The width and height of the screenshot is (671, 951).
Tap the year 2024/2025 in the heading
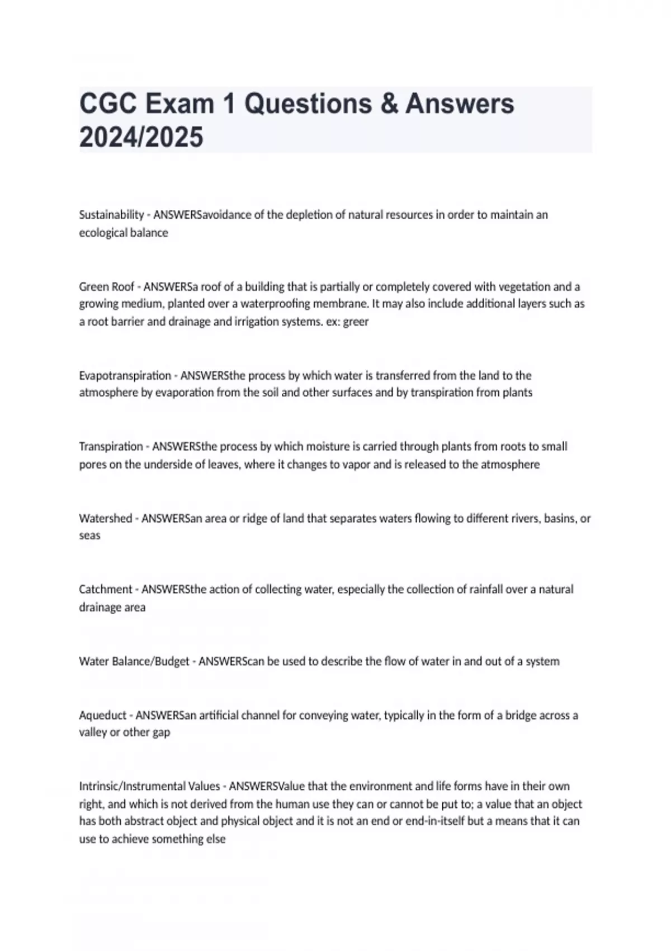[141, 138]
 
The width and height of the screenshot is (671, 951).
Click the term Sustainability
[111, 215]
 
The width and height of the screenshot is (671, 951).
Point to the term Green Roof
[106, 287]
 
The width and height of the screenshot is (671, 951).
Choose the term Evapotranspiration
[125, 375]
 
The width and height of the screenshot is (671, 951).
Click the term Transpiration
[111, 446]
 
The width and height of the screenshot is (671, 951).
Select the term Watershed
[105, 519]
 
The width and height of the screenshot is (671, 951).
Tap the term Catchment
[105, 590]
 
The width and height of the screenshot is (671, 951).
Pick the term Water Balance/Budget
[134, 661]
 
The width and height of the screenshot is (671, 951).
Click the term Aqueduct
[102, 715]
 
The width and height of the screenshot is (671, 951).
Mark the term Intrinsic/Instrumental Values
[149, 787]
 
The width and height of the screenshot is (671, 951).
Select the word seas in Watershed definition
[89, 535]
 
